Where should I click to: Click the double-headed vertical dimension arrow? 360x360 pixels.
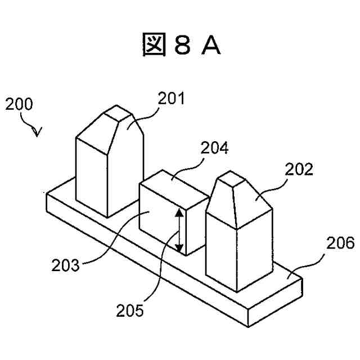point(179,230)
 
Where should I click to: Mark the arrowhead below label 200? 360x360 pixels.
point(37,133)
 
